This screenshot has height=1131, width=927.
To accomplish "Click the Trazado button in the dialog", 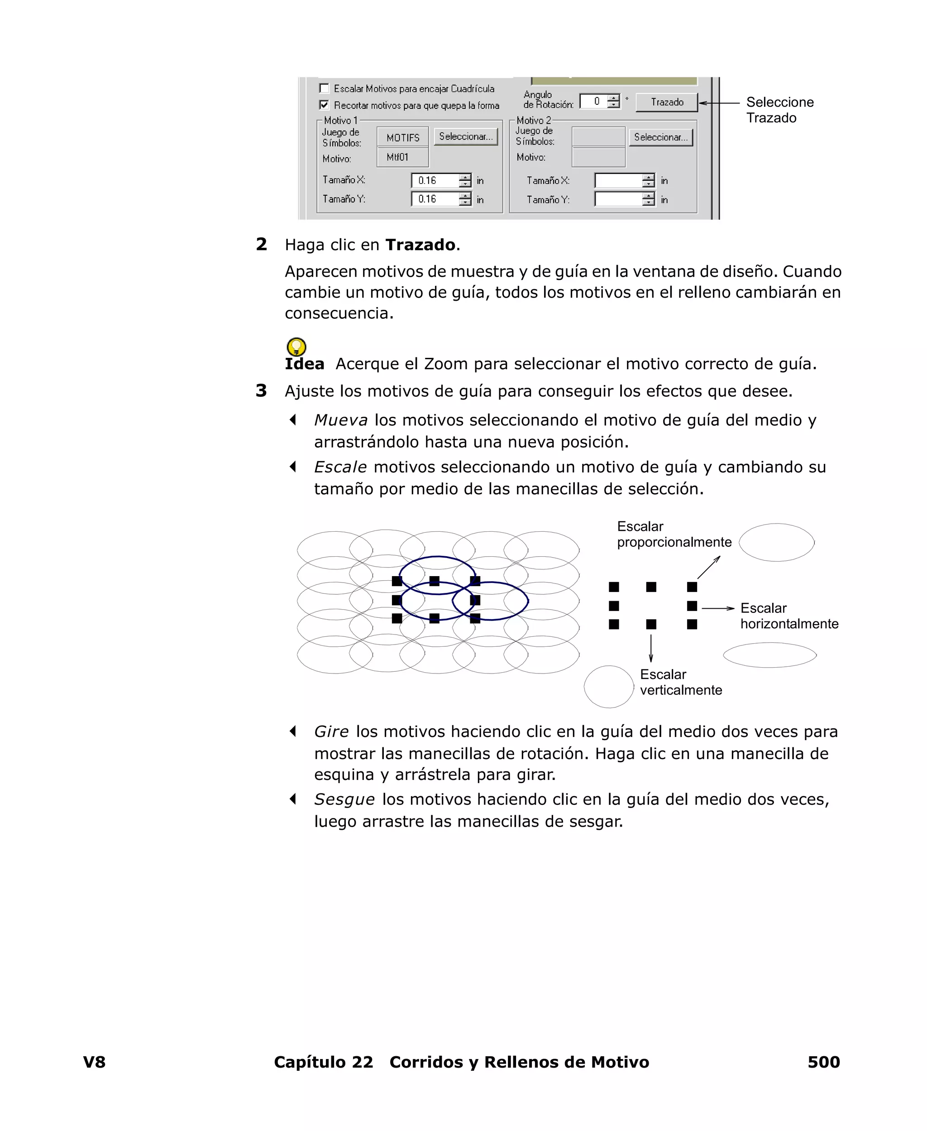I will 666,102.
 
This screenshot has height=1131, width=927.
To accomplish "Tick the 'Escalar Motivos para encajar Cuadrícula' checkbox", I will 324,88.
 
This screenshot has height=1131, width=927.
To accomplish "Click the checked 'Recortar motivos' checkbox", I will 324,105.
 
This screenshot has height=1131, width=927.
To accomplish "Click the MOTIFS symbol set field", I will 403,138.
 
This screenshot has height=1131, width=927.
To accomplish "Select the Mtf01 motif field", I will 403,157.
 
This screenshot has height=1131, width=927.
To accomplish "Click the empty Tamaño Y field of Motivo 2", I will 618,199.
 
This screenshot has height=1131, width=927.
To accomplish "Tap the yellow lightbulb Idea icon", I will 296,347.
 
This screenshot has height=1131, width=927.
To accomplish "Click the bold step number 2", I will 261,244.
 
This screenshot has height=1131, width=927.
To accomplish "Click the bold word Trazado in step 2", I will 420,245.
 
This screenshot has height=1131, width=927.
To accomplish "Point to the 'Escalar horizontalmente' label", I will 788,616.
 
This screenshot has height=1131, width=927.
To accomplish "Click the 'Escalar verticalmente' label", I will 680,682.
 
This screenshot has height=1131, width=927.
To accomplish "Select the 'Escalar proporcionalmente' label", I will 674,534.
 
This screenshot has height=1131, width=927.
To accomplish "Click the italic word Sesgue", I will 344,799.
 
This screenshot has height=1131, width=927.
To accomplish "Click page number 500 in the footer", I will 823,1062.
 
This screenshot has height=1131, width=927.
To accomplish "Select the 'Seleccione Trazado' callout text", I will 779,110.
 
